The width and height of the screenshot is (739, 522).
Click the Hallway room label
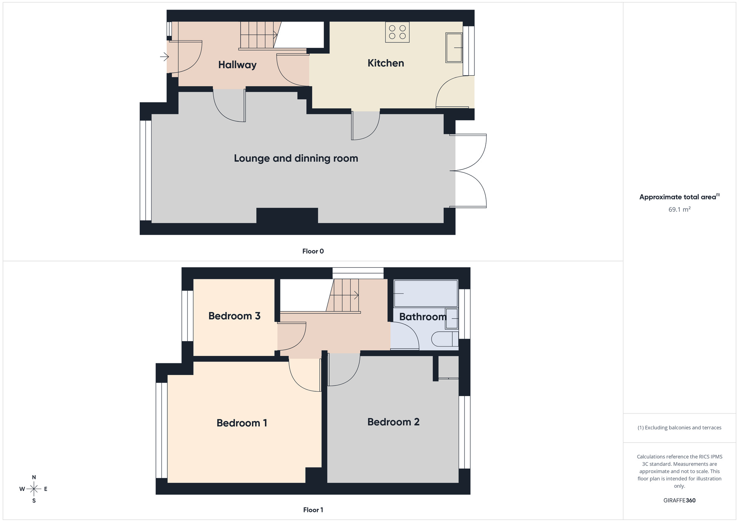pyautogui.click(x=237, y=65)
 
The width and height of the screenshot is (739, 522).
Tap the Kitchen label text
pyautogui.click(x=385, y=63)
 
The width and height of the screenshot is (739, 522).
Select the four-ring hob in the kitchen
pyautogui.click(x=397, y=32)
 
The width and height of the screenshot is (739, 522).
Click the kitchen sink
pyautogui.click(x=454, y=48)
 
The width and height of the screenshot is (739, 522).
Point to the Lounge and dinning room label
pyautogui.click(x=296, y=158)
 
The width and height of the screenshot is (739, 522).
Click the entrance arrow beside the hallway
pyautogui.click(x=164, y=57)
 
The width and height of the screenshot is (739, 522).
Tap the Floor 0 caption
pyautogui.click(x=313, y=251)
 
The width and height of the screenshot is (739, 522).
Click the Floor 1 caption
pyautogui.click(x=313, y=510)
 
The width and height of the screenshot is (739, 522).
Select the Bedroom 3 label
pyautogui.click(x=234, y=316)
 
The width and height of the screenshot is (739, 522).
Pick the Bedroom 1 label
pyautogui.click(x=242, y=423)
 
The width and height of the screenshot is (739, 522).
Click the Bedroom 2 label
pyautogui.click(x=393, y=422)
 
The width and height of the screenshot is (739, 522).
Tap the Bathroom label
pyautogui.click(x=423, y=317)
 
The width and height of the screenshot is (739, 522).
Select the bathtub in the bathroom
pyautogui.click(x=426, y=293)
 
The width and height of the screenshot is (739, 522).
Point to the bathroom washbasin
pyautogui.click(x=451, y=318)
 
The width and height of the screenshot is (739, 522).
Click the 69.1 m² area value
pyautogui.click(x=679, y=210)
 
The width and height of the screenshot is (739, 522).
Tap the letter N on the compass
pyautogui.click(x=34, y=477)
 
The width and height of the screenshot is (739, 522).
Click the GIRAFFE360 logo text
pyautogui.click(x=679, y=501)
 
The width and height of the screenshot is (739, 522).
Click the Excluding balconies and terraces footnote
pyautogui.click(x=679, y=428)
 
